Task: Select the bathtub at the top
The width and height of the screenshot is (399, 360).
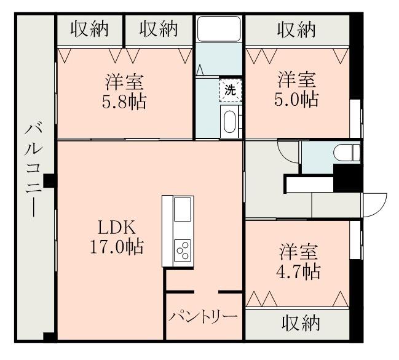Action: click(219, 28)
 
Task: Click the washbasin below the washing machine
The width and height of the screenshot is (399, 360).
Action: click(231, 121)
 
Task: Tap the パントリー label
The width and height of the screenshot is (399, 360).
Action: click(203, 317)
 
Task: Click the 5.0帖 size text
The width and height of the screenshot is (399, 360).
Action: click(297, 99)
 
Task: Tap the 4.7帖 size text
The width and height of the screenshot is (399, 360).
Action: click(299, 271)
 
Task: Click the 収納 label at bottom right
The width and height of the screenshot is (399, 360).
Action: click(301, 322)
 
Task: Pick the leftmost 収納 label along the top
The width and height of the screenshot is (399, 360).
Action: click(89, 28)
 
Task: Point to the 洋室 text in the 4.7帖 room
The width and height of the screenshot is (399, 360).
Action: click(299, 252)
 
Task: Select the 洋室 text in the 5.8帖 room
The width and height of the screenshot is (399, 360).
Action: click(124, 82)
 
